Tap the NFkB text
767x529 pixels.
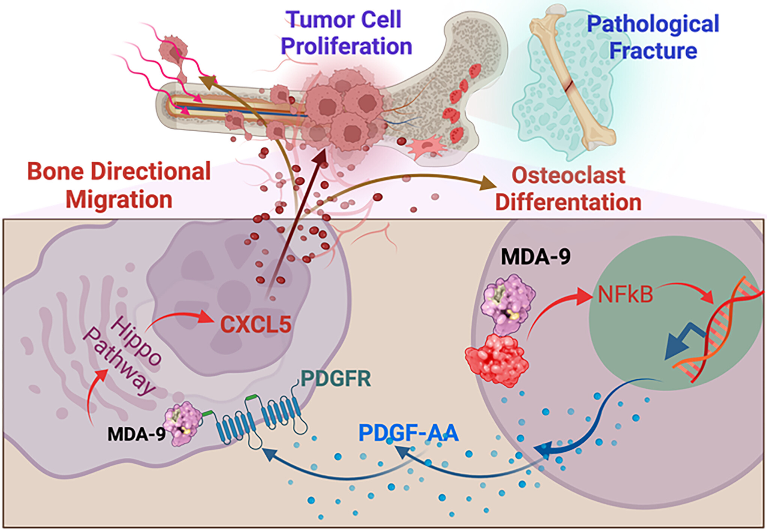[625, 295]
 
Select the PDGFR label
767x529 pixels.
[336, 379]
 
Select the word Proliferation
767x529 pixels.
[346, 47]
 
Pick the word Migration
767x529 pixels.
[119, 199]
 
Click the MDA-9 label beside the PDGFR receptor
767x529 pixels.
[137, 434]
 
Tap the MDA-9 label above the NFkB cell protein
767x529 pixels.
[535, 257]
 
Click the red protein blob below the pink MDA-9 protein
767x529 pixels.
[497, 360]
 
